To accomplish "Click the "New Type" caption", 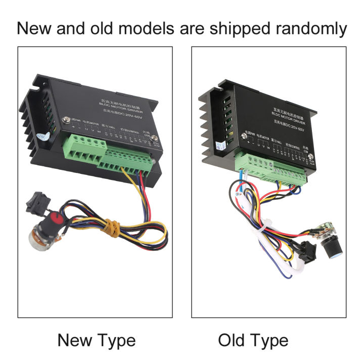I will click(97, 340).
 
